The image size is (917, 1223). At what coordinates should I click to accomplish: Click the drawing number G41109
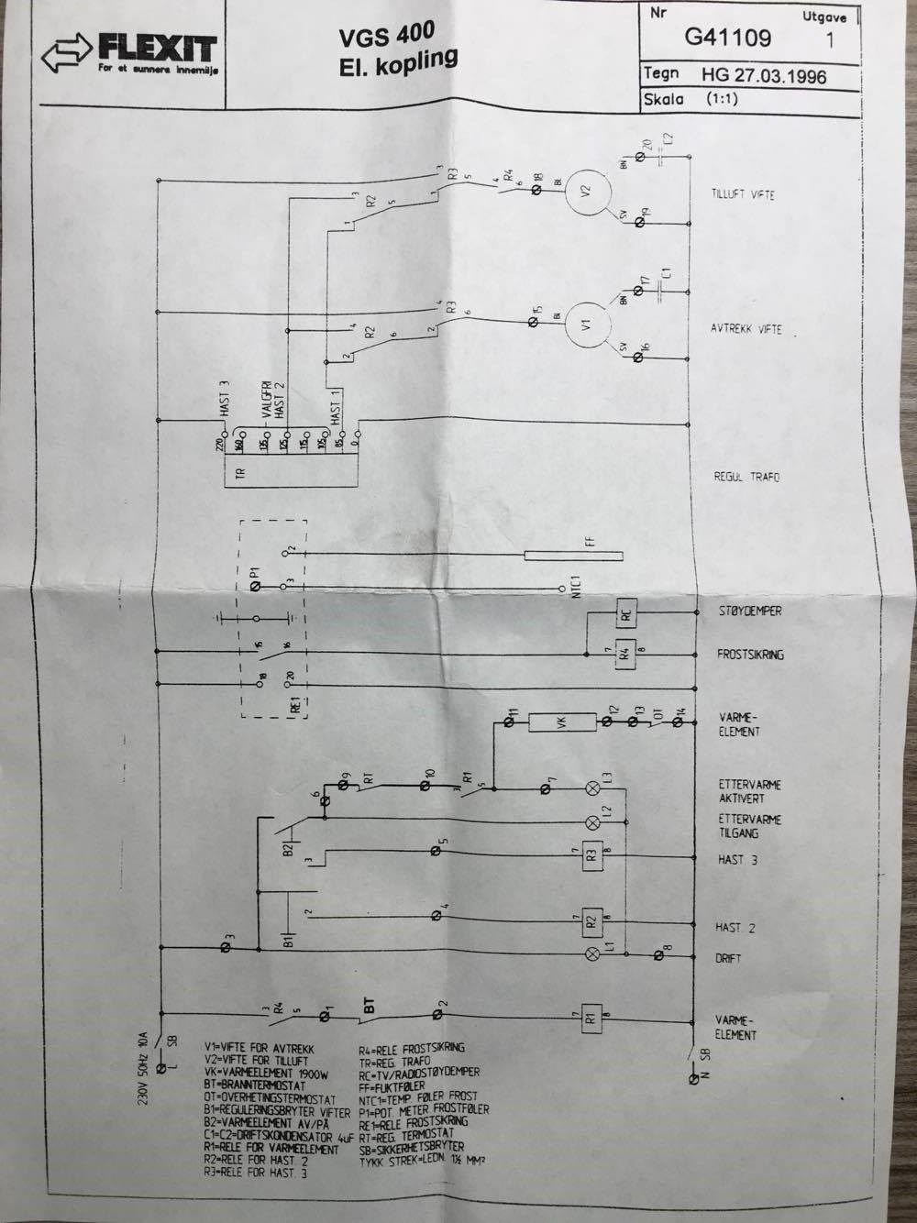(728, 37)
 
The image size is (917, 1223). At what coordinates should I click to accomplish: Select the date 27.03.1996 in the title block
(764, 74)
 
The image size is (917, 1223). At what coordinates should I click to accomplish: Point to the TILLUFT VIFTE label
(743, 195)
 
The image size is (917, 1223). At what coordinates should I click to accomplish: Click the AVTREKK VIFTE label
(746, 329)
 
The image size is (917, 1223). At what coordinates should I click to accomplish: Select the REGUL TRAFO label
(746, 478)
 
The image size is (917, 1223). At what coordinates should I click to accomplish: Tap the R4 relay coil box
(624, 655)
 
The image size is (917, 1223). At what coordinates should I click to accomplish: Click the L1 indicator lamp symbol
(592, 954)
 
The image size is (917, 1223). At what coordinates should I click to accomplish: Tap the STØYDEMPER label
(748, 611)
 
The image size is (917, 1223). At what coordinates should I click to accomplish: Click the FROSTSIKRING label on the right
(750, 655)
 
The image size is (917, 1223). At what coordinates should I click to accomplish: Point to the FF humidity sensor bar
(573, 556)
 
